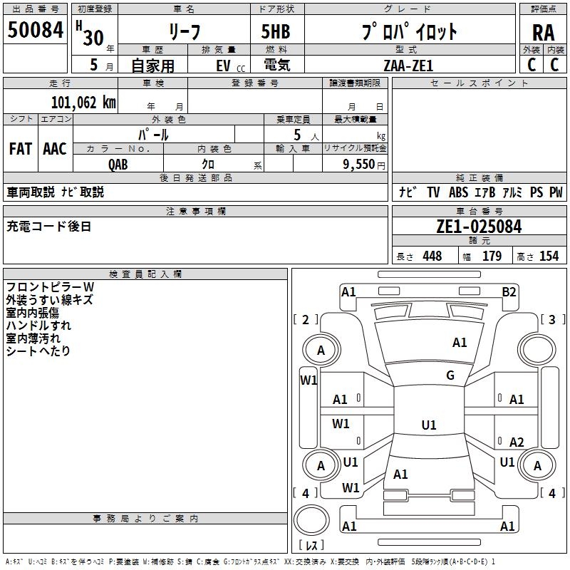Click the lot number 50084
[35, 29]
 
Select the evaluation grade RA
[543, 33]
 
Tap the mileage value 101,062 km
[83, 102]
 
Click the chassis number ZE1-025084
[479, 227]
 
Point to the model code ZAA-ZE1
[408, 66]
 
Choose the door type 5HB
[276, 31]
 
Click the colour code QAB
[118, 165]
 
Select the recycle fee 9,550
[359, 164]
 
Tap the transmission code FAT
[21, 148]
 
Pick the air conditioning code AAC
[55, 148]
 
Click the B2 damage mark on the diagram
[509, 292]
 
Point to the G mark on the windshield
[450, 375]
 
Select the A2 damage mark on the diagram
[516, 442]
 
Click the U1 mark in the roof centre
[429, 425]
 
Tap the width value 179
[492, 256]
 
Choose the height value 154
[549, 256]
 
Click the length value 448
[432, 256]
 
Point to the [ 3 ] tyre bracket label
[552, 319]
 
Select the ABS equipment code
[458, 192]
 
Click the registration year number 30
[93, 38]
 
